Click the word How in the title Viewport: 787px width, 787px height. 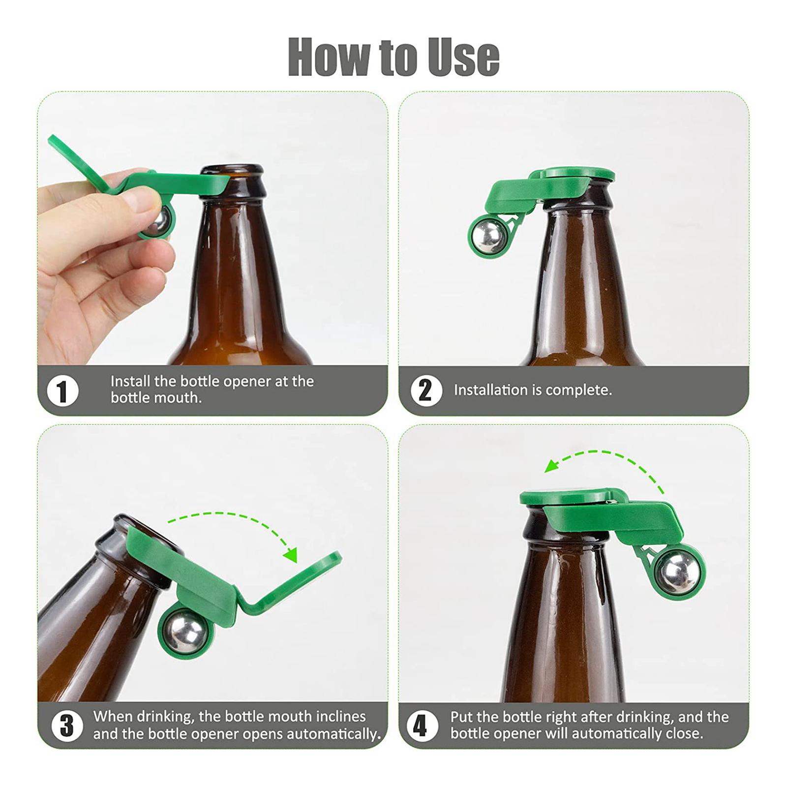pos(329,58)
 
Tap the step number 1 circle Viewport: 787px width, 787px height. pos(62,391)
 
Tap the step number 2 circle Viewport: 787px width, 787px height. pos(426,391)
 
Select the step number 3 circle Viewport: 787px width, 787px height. pos(67,726)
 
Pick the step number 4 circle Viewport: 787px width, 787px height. pos(422,726)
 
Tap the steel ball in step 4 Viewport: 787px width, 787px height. pos(678,571)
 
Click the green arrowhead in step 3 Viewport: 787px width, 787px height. pos(291,554)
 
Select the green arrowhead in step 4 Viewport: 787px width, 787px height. pos(552,465)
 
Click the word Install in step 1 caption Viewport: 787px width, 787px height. pos(129,381)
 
